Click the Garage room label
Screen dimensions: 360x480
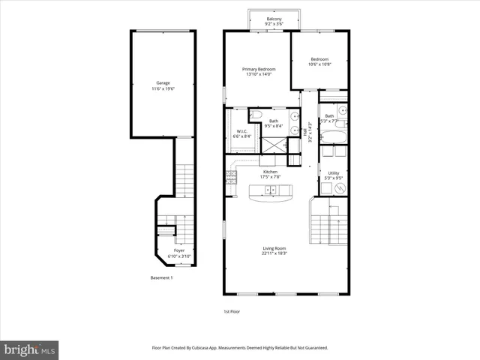coord(163,82)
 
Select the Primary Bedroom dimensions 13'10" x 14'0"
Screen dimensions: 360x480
coord(257,74)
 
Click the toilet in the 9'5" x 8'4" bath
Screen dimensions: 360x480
coord(256,115)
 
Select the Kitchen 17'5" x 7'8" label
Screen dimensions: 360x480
coord(270,174)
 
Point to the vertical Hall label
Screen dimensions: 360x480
coord(310,136)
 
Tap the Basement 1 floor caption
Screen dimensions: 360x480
coord(161,278)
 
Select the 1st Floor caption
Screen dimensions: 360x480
coord(232,311)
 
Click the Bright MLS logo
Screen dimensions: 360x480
coord(29,349)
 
